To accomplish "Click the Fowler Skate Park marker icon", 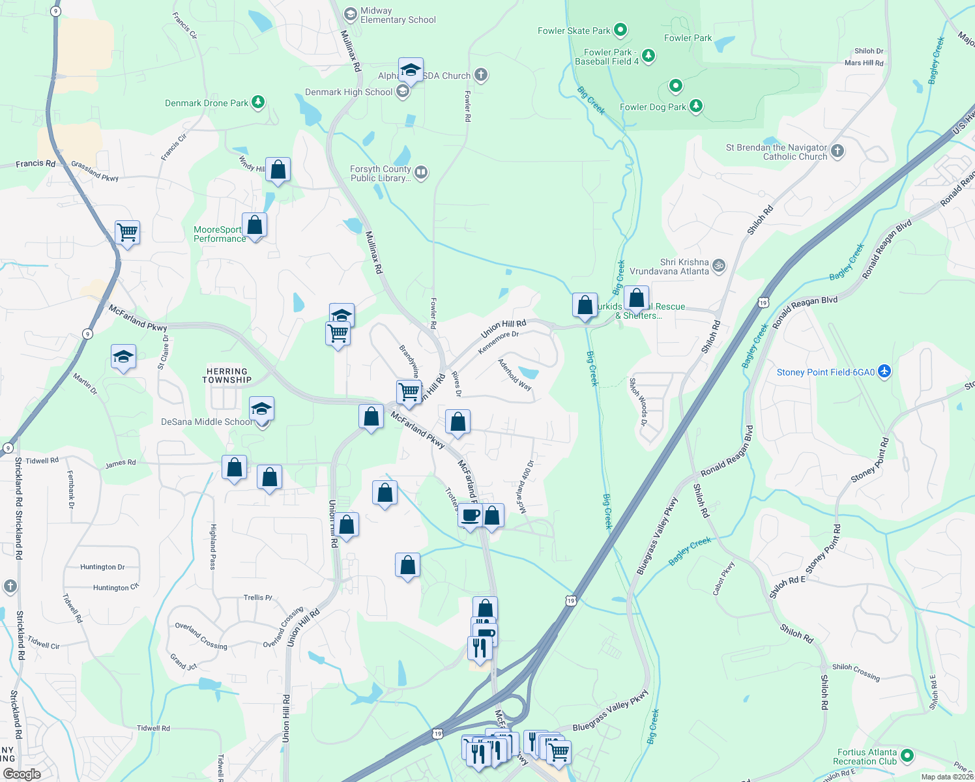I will point(620,29).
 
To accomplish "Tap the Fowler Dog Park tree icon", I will point(696,106).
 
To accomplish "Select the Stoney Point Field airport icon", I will point(884,371).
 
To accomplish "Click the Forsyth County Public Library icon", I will point(421,172).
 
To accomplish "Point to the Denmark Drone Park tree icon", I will point(258,102).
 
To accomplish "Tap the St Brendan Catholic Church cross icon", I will point(837,151).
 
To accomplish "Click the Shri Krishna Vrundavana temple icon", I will point(719,265).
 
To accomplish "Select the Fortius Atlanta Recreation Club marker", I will point(907,756).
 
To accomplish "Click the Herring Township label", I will point(227,375).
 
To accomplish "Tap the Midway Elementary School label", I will point(398,15).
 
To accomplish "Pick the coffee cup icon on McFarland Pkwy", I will point(470,515).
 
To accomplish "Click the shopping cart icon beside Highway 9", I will point(127,232).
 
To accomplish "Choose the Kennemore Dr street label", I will point(499,343).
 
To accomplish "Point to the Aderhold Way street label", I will point(515,375).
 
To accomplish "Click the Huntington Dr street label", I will point(102,567).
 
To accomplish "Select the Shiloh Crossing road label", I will point(856,672).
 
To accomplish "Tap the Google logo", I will point(22,774).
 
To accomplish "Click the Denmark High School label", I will point(349,92).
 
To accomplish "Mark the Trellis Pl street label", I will point(258,597).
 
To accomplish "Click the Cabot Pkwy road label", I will point(723,578).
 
